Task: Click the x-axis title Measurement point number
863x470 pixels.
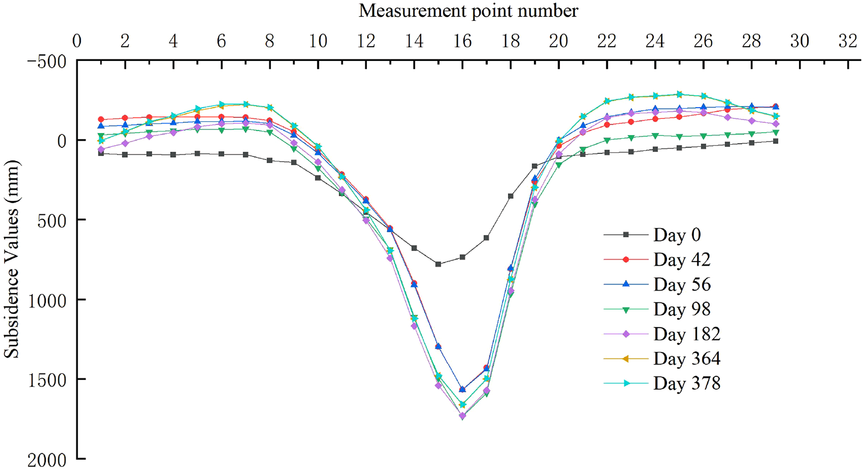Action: (468, 11)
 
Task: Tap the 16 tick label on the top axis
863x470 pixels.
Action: (462, 41)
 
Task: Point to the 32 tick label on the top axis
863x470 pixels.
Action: (848, 41)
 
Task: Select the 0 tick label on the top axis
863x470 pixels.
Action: (77, 41)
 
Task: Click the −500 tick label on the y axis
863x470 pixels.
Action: (47, 61)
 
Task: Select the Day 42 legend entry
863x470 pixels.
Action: (682, 260)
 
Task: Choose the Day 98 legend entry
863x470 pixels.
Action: (682, 309)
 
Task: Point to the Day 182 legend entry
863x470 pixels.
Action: (687, 334)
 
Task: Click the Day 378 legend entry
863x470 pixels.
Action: (687, 383)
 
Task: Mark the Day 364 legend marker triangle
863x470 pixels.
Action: (626, 359)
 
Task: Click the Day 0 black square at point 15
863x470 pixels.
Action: (438, 264)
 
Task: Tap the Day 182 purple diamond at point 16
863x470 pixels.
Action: (462, 416)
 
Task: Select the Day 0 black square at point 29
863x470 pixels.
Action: (776, 141)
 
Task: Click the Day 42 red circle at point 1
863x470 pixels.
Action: (101, 119)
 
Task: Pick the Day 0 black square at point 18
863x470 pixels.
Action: (510, 196)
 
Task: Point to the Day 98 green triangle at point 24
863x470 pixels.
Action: (655, 136)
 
